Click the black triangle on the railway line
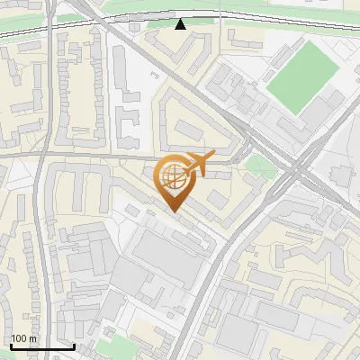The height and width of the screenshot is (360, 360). pos(181,24)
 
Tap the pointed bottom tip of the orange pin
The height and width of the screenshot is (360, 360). pos(173,211)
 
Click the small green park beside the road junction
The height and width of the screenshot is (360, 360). pos(260,165)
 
